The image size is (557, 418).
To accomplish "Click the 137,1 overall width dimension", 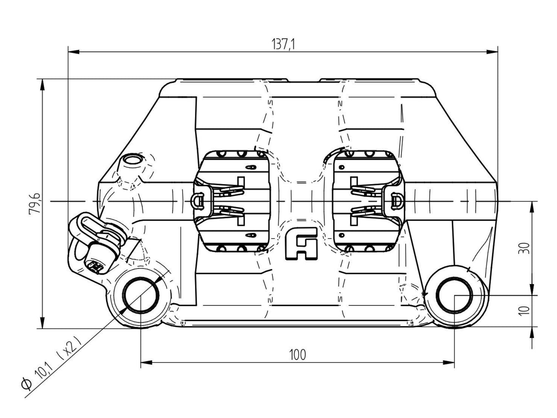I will pos(283,44).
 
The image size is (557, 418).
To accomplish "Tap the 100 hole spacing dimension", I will pos(297,355).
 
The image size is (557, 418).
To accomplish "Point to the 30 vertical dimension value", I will pos(525,248).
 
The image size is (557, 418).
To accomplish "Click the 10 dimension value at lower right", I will pos(525,310).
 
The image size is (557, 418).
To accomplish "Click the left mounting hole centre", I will pos(140,295).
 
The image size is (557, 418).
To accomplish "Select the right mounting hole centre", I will pos(454,295).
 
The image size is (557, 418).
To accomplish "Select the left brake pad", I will pos(232,201).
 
